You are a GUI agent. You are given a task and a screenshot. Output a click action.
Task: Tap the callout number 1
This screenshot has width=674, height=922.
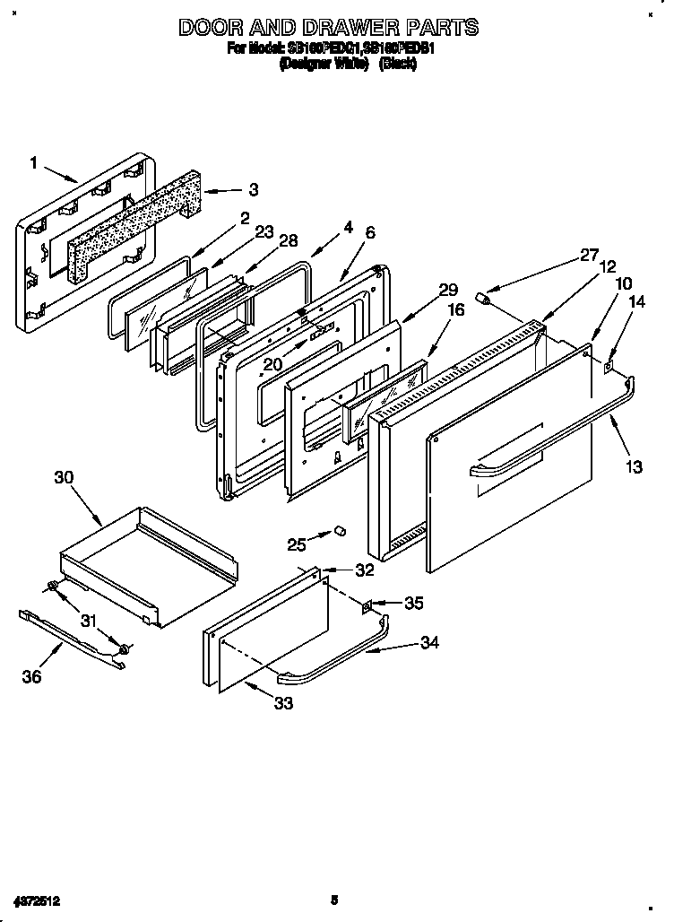(34, 162)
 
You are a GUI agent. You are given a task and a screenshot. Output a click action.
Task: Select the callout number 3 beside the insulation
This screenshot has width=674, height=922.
(254, 190)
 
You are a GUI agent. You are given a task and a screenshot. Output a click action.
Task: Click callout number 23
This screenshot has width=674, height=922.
(264, 231)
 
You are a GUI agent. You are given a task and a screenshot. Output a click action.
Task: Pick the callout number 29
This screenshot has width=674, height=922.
(448, 290)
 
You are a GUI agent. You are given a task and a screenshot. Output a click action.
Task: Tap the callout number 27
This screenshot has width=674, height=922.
(588, 254)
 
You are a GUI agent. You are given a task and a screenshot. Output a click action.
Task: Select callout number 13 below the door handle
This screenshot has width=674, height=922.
(634, 466)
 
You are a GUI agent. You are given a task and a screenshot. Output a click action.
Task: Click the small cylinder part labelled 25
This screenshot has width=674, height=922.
(340, 533)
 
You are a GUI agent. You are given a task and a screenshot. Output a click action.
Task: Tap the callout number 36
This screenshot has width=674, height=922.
(31, 676)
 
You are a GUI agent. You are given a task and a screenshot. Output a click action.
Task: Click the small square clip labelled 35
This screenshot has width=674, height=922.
(367, 606)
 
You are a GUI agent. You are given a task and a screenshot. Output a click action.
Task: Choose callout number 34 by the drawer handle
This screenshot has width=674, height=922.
(432, 643)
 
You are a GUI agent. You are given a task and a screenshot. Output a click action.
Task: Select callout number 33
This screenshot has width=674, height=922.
(283, 704)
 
